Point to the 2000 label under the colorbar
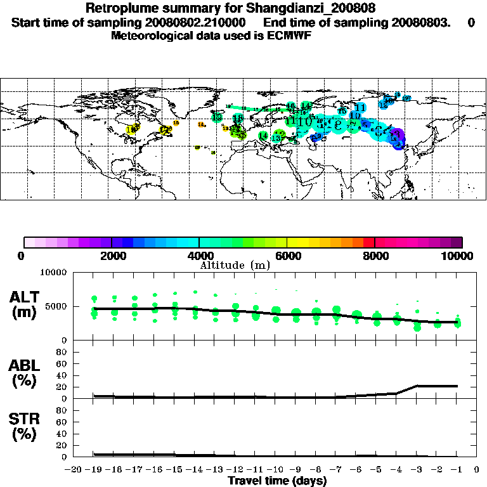point(111,256)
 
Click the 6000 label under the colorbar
point(287,256)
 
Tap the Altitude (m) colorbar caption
point(235,265)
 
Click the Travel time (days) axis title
point(277,481)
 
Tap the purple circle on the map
point(397,135)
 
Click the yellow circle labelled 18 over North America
point(131,129)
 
